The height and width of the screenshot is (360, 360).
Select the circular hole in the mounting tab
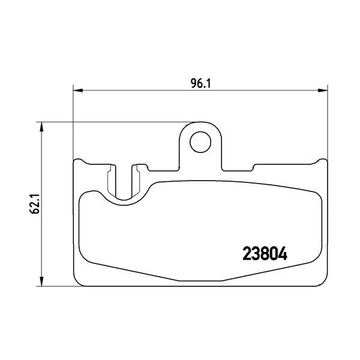pyautogui.click(x=200, y=142)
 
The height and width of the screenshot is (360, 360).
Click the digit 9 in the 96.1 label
pyautogui.click(x=193, y=84)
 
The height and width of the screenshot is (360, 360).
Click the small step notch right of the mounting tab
pyautogui.click(x=253, y=167)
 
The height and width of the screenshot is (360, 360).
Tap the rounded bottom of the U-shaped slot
pyautogui.click(x=124, y=196)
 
